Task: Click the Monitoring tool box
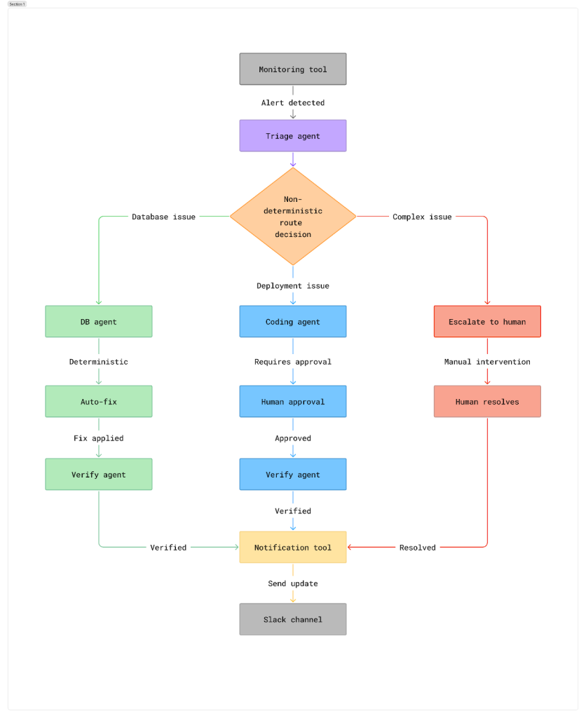292,69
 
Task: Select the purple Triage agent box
292,136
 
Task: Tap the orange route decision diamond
292,217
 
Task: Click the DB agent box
98,322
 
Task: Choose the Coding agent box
292,322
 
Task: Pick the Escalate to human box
487,322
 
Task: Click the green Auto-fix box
98,402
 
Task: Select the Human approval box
292,402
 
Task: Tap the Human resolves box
487,402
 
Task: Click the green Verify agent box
98,475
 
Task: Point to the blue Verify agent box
292,475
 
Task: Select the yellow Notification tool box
292,548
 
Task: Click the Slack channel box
292,620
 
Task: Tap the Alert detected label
292,103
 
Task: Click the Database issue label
163,217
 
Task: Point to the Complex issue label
422,217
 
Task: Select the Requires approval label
292,363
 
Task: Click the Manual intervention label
487,363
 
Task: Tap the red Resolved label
417,548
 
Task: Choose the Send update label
292,584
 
